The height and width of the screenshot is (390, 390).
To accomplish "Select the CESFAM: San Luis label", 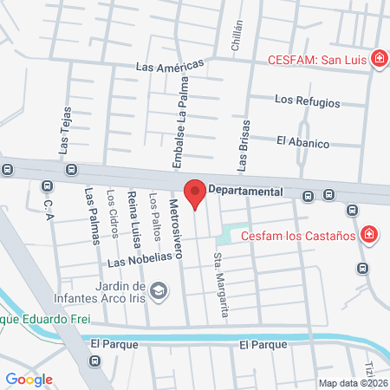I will click(x=317, y=60).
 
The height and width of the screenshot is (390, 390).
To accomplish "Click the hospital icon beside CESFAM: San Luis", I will click(x=379, y=60).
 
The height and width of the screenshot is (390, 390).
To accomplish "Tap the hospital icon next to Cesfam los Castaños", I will click(x=368, y=235).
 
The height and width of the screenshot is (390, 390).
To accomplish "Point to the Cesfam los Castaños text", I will click(x=299, y=235).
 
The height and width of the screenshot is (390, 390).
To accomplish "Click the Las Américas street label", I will click(x=169, y=66).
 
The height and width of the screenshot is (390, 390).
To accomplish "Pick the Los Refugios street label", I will click(x=307, y=101).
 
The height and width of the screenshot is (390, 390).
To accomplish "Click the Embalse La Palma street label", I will click(x=181, y=130).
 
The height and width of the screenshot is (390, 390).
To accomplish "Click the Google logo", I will click(x=29, y=379).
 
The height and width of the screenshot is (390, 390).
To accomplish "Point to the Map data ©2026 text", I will click(x=351, y=382).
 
